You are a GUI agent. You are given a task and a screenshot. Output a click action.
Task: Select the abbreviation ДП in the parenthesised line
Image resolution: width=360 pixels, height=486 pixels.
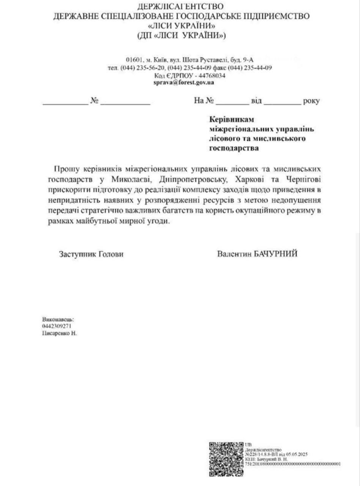[x=146, y=36]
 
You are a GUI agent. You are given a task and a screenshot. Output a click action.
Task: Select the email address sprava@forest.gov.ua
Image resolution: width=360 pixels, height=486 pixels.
[x=184, y=82]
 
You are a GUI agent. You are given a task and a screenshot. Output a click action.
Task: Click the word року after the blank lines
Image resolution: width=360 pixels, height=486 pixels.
[x=311, y=101]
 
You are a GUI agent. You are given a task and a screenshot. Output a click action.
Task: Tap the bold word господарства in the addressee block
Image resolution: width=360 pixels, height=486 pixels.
[x=234, y=148]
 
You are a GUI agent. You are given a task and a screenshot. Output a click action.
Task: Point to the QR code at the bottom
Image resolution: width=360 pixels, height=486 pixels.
[x=226, y=459]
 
